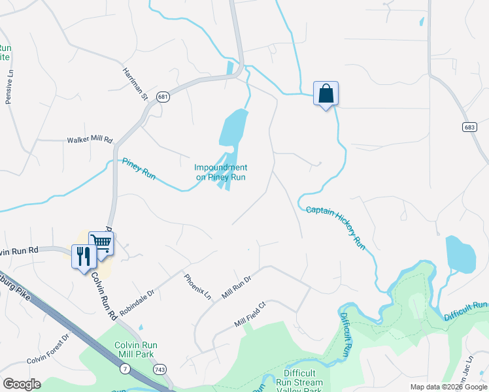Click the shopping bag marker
pos(326,94)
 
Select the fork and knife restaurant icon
pos(84,255)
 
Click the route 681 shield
pos(163,97)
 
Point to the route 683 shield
pos(469,127)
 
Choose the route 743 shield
pos(160,370)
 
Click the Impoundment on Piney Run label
pos(221,172)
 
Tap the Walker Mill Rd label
pos(90,140)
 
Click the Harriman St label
pos(135,83)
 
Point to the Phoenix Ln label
pos(198,287)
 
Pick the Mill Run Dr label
pos(236,287)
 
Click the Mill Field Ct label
pos(251,314)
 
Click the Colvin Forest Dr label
pos(48,350)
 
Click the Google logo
pos(22,384)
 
